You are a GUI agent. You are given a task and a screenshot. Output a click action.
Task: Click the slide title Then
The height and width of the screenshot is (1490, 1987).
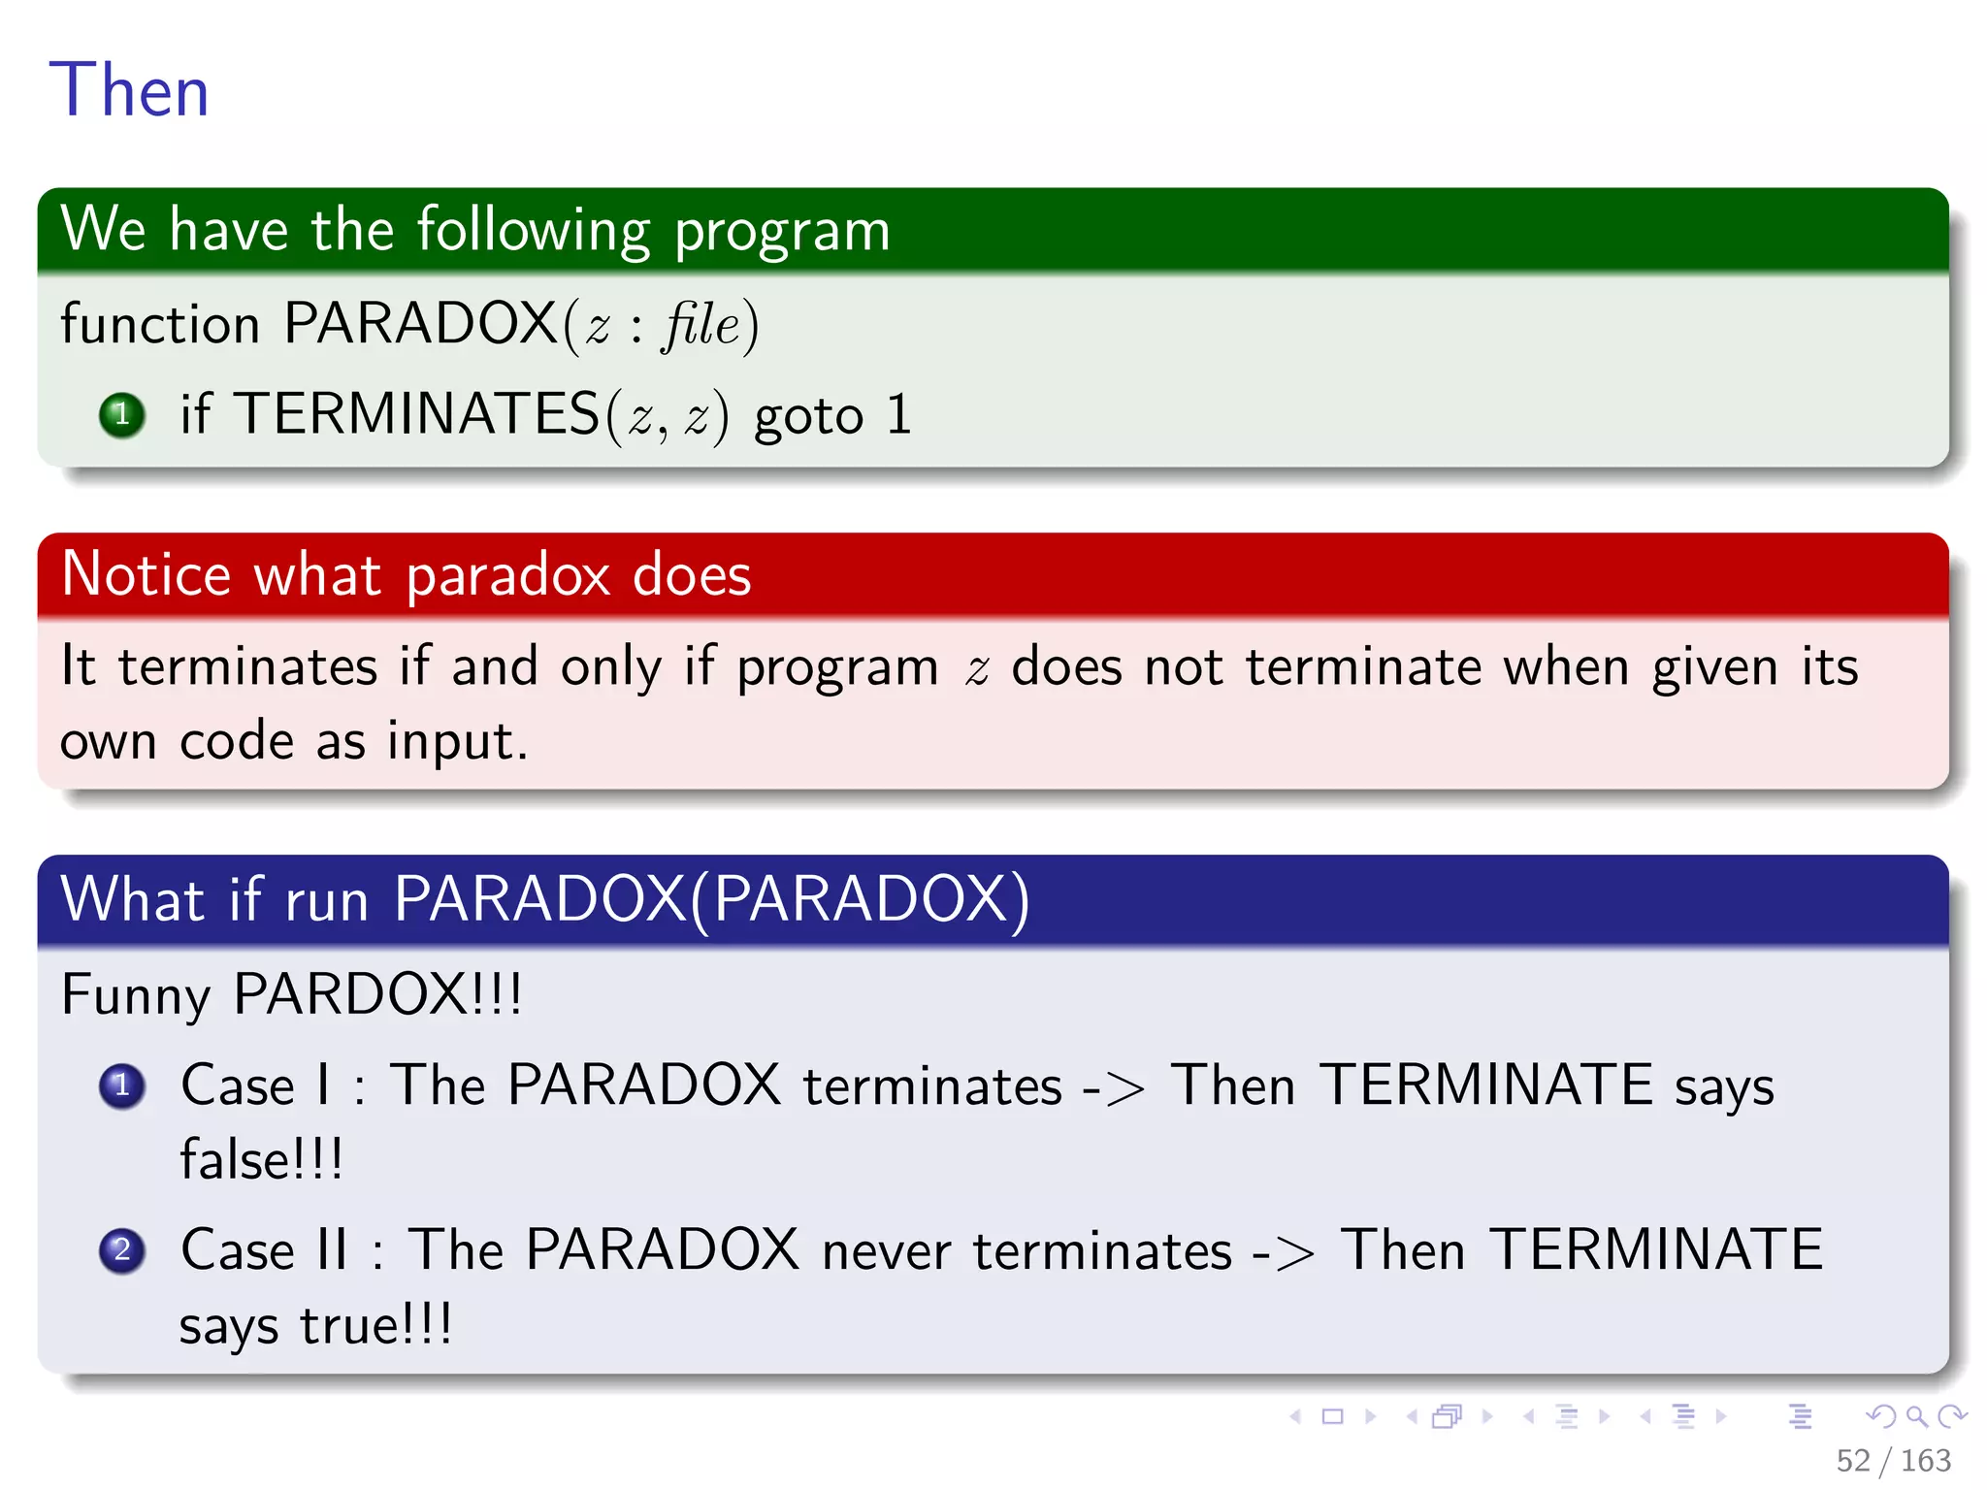click(x=129, y=90)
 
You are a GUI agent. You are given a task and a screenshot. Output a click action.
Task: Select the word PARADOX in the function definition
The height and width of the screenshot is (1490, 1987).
click(x=420, y=323)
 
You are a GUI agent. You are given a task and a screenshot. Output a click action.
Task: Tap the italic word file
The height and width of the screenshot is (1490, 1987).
click(x=701, y=324)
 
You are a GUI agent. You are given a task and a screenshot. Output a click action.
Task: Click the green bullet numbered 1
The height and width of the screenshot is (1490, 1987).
click(x=122, y=415)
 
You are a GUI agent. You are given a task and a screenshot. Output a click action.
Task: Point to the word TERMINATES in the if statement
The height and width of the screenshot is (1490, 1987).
click(x=417, y=414)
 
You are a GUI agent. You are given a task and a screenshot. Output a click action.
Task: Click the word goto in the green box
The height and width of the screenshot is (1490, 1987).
click(x=808, y=417)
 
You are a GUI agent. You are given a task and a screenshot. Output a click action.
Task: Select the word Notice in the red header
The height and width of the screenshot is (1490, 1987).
click(x=146, y=574)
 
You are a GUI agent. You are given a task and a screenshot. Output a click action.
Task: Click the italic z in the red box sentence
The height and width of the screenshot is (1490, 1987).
click(x=976, y=669)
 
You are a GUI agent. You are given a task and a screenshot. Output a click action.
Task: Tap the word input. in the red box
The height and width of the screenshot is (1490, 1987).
click(x=457, y=742)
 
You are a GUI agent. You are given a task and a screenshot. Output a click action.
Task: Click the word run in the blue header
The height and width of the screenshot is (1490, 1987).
click(x=327, y=900)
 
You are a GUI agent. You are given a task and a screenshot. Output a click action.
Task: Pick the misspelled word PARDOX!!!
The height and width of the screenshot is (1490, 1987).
click(x=377, y=994)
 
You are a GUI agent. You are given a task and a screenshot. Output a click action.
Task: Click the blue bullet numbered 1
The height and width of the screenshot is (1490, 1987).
click(x=122, y=1085)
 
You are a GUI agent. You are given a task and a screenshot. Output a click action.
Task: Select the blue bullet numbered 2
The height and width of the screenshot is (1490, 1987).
click(x=122, y=1249)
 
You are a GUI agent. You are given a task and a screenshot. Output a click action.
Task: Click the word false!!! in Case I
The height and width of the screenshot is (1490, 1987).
click(x=261, y=1159)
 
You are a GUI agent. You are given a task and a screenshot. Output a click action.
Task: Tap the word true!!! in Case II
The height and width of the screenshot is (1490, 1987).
click(x=375, y=1325)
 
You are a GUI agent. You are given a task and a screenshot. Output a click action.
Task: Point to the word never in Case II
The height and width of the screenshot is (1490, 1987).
click(x=886, y=1250)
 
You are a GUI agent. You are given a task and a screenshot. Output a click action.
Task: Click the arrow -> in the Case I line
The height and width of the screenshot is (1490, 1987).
click(x=1113, y=1087)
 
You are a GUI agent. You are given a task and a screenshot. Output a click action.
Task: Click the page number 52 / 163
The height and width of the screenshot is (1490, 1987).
click(x=1892, y=1460)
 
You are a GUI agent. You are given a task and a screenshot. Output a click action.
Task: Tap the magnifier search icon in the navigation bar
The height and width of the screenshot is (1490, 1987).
click(x=1916, y=1416)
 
